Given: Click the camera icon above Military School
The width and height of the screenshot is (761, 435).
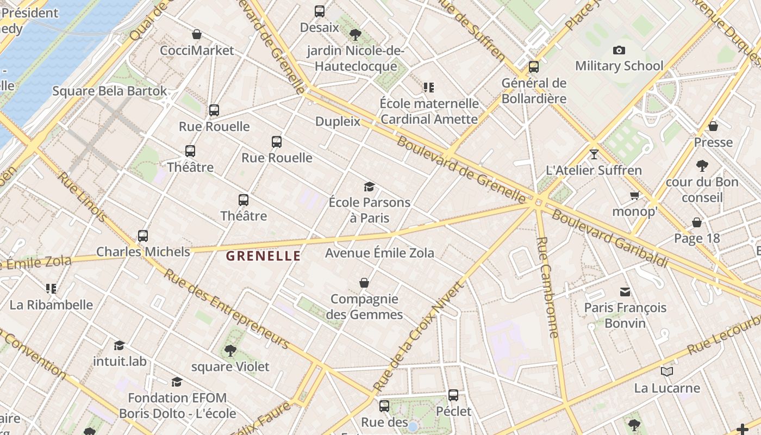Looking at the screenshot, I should (619, 51).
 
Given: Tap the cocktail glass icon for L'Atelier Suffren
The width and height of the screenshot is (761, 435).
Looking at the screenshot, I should (594, 154).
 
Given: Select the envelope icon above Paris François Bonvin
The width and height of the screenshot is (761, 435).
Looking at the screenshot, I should (625, 292).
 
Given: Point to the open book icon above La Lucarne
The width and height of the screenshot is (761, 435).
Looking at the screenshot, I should (667, 372).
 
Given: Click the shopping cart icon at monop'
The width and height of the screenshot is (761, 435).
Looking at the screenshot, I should (634, 195).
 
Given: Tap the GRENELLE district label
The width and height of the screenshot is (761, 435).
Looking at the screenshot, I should (263, 256).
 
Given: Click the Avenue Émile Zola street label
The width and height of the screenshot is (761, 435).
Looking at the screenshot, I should (379, 253).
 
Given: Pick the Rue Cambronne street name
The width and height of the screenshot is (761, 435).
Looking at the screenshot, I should (547, 287).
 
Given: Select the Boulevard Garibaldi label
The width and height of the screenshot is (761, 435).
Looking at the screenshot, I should (609, 238).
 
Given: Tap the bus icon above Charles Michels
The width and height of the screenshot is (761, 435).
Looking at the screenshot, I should (143, 236).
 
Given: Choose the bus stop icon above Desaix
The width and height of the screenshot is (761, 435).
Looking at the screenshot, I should (320, 11).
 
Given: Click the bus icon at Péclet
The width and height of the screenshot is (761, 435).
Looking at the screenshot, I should (453, 395).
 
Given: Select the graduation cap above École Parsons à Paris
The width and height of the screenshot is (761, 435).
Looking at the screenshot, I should (370, 187).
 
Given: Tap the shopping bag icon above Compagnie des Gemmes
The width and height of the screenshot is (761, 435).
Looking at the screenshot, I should (364, 283).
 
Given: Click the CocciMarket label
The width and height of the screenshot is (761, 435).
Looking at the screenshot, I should (197, 51).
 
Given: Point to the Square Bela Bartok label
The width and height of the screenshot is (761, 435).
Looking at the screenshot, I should (110, 91).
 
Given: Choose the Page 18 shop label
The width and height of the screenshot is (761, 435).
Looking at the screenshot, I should (697, 238).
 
